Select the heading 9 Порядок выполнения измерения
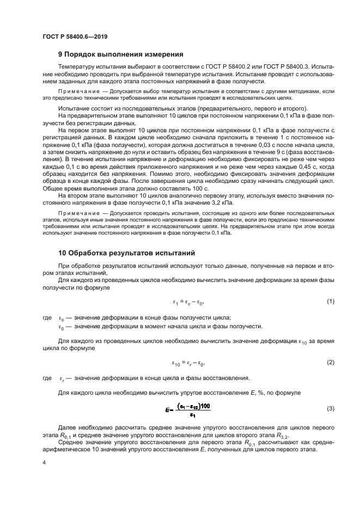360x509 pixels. coord(120,54)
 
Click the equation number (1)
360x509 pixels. coord(330,302)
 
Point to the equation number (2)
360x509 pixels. coord(330,362)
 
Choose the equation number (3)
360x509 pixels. coord(330,408)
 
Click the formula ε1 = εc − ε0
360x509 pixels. coord(188,302)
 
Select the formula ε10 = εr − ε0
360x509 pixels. coord(188,363)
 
